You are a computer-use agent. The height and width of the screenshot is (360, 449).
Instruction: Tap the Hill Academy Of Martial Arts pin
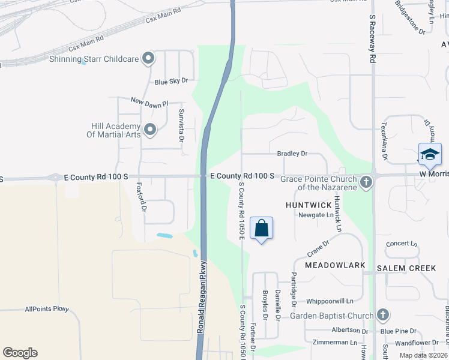(x=149, y=130)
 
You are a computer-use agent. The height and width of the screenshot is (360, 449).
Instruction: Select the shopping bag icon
(x=261, y=228)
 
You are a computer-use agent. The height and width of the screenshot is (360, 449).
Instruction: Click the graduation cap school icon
(x=430, y=154)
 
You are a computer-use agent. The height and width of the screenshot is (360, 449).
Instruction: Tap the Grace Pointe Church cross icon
(x=366, y=181)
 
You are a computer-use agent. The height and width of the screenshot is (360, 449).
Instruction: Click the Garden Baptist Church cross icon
(x=382, y=316)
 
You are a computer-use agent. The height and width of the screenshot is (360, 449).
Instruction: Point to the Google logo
(x=20, y=353)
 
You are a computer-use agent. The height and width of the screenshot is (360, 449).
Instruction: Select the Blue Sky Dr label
(x=171, y=81)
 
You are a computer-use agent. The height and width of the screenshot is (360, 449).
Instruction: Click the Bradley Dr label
(x=292, y=154)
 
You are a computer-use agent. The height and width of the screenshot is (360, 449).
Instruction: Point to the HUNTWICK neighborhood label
(x=309, y=205)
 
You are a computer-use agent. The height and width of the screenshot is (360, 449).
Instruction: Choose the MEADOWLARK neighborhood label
(x=334, y=265)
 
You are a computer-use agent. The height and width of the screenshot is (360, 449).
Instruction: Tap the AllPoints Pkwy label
(x=47, y=310)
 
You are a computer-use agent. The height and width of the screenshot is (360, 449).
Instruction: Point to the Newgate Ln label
(x=316, y=215)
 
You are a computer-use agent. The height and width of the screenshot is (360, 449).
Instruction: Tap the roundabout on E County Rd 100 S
(x=55, y=177)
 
